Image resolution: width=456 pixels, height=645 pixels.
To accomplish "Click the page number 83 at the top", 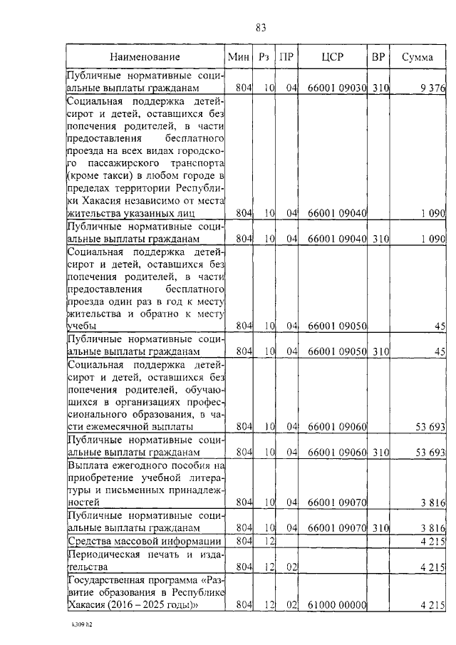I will pos(260,28).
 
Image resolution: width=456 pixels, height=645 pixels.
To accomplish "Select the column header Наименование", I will pos(145,57).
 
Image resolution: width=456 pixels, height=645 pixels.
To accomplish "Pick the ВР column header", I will pos(378,57).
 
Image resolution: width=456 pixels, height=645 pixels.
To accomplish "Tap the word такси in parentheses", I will pos(118,175).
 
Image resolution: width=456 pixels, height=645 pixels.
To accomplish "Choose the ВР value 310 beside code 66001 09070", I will pos(380,527).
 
